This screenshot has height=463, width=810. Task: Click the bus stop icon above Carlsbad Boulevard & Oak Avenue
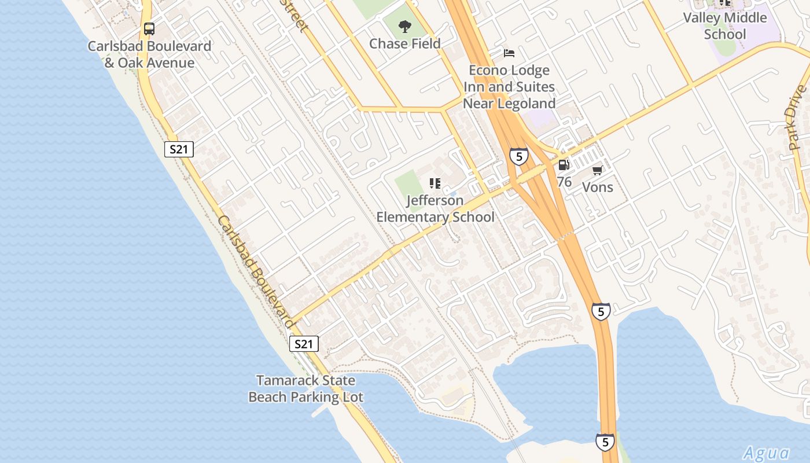pos(149,28)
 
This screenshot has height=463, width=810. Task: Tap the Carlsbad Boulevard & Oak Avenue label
pos(149,54)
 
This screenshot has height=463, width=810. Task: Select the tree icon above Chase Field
pos(404,26)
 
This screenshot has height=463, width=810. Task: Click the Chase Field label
pos(404,43)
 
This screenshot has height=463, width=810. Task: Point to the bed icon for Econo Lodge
pos(509,53)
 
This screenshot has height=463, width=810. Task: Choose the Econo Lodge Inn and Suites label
pos(509,87)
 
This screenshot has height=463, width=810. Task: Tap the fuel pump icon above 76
pos(564,165)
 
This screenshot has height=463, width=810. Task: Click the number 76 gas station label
pos(564,182)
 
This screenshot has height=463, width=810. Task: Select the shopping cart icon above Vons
pos(597,170)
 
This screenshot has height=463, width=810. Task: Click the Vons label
pos(597,187)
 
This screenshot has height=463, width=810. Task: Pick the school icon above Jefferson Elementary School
pos(435,183)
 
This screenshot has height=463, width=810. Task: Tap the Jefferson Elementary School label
pos(435,209)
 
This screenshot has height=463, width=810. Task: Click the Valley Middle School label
pos(724,26)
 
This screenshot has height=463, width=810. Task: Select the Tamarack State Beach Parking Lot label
pos(305,389)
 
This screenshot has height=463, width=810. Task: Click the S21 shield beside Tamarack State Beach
pos(303,344)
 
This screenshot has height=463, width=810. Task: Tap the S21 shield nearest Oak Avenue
pos(179,149)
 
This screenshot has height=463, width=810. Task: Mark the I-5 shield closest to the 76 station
pos(518,156)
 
